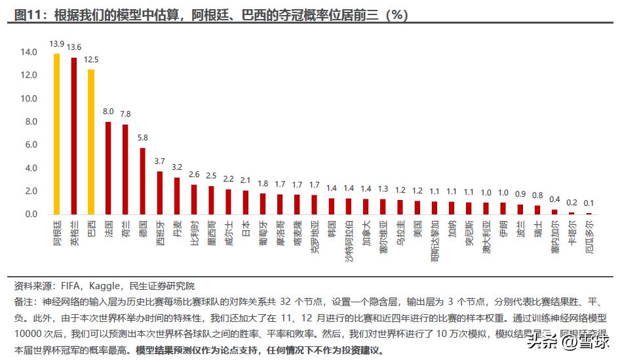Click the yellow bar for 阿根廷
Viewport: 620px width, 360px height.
pyautogui.click(x=56, y=134)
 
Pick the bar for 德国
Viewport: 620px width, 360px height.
pyautogui.click(x=142, y=181)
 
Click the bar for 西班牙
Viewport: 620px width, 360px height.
pyautogui.click(x=159, y=193)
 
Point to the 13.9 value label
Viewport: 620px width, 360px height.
pyautogui.click(x=56, y=45)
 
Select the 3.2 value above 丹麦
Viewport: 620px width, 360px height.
pyautogui.click(x=177, y=167)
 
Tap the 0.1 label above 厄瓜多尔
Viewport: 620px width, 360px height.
pyautogui.click(x=589, y=203)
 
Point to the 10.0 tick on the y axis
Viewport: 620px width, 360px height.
pyautogui.click(x=28, y=98)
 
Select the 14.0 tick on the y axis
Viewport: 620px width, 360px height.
pyautogui.click(x=28, y=52)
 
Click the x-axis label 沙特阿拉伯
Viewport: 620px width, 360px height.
pyautogui.click(x=349, y=240)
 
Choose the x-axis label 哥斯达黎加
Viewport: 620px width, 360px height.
pyautogui.click(x=435, y=240)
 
